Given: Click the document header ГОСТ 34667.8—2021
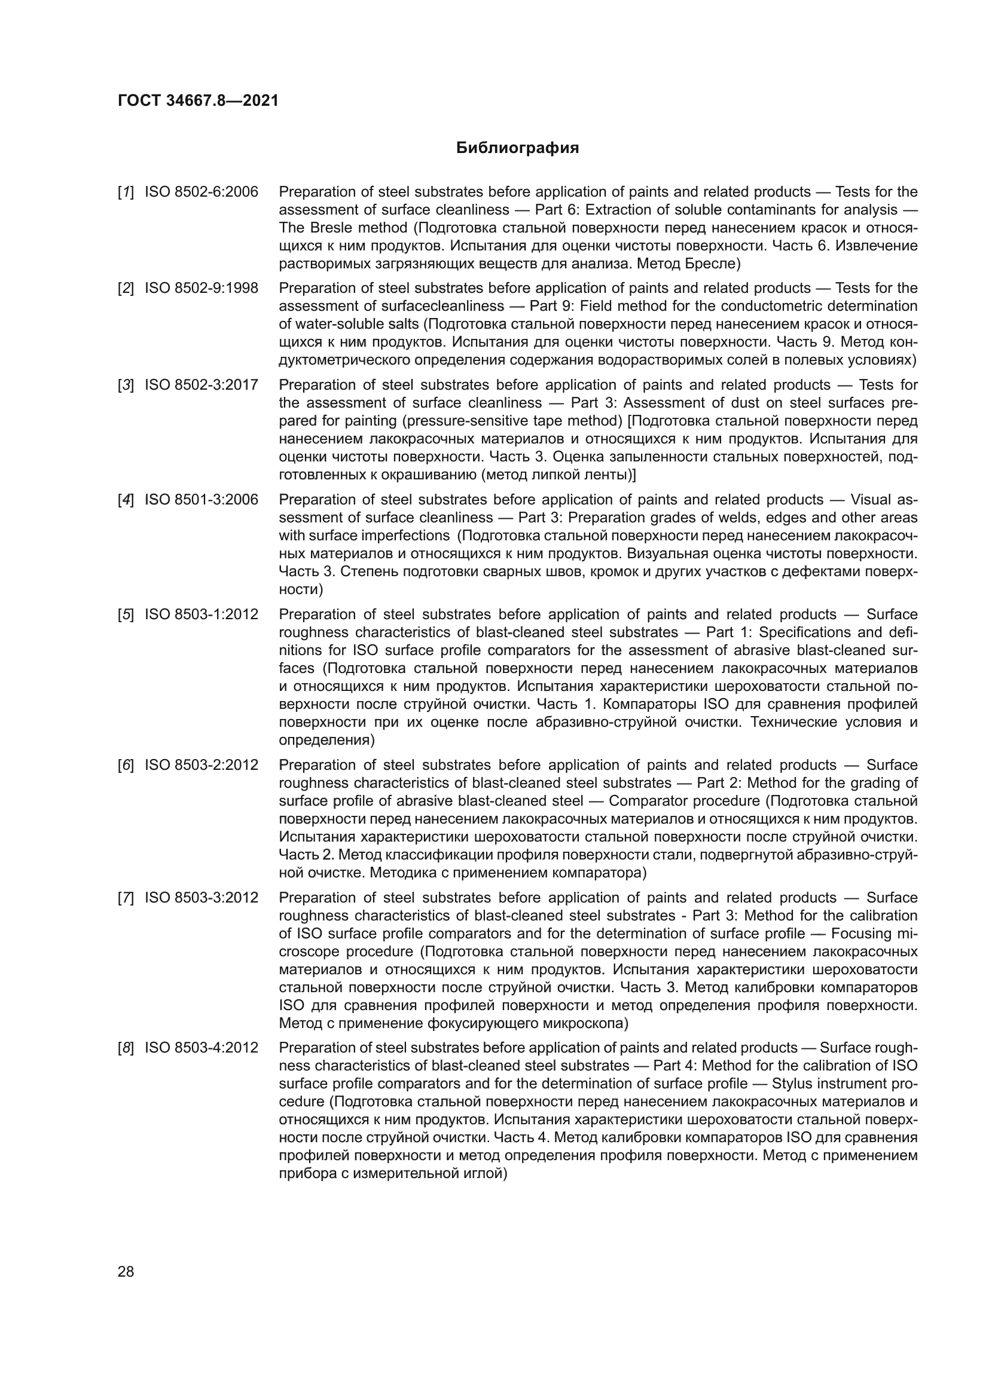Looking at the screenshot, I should click(198, 100).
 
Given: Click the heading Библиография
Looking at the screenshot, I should click(517, 148).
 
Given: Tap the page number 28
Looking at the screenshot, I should click(126, 1271).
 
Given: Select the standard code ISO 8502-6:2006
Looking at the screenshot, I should click(201, 192).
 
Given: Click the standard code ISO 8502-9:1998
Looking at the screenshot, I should click(201, 288).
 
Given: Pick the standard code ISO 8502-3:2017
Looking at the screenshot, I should click(201, 385).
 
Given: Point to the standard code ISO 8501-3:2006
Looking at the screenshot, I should click(201, 500).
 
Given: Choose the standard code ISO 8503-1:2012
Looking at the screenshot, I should click(201, 614).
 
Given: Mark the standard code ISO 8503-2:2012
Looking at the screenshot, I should click(201, 765).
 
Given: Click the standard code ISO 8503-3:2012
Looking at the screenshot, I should click(201, 898).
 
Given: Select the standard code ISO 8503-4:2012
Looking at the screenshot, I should click(201, 1048).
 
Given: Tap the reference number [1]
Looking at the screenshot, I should click(126, 192).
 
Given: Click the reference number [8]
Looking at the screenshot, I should click(126, 1048).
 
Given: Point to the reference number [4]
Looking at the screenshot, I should click(126, 500).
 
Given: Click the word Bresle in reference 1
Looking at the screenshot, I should click(331, 228).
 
